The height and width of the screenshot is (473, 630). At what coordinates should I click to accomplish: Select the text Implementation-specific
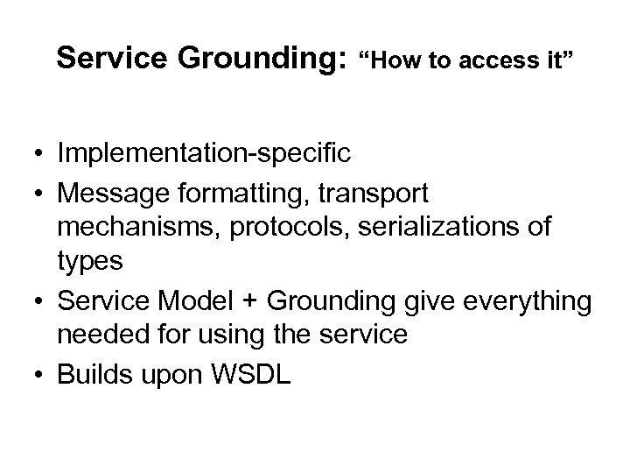tap(205, 154)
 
